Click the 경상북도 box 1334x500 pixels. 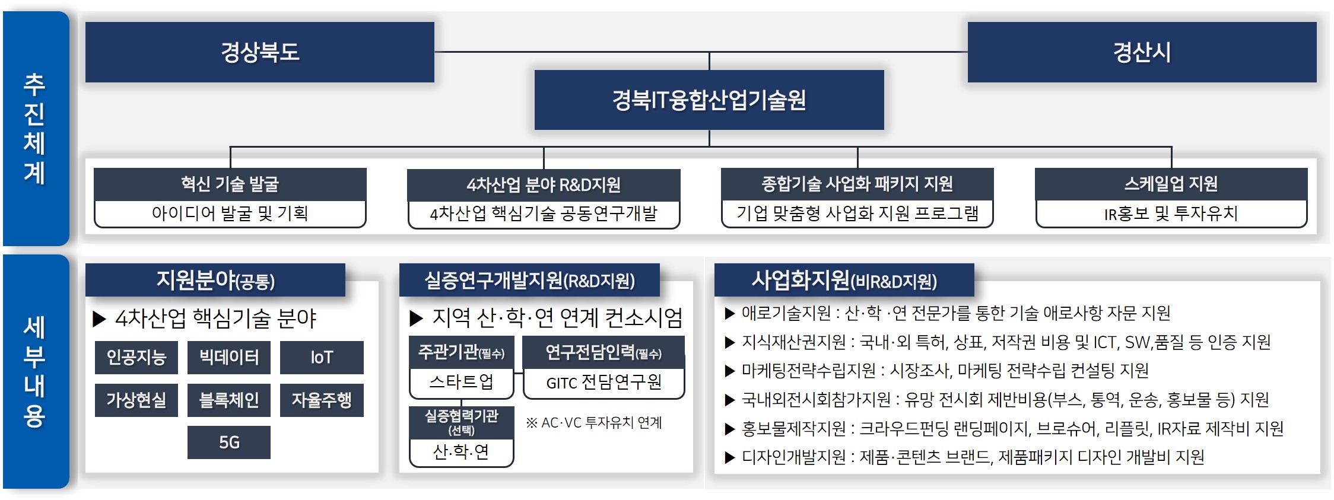pos(260,52)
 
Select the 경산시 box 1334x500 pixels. pos(1142,52)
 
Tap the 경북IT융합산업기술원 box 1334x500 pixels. pos(709,100)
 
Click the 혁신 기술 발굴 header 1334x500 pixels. pos(230,184)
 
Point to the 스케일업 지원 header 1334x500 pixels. pos(1171,184)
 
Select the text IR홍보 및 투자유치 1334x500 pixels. pos(1171,214)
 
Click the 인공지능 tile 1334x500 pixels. pos(136,357)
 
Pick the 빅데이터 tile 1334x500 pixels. pos(229,357)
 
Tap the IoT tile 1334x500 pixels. pos(322,357)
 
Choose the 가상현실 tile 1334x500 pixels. pos(136,400)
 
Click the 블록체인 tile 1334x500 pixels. pos(229,400)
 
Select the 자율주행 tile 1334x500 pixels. pos(322,400)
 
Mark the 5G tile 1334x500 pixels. pos(229,442)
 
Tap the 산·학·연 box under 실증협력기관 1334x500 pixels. pos(462,453)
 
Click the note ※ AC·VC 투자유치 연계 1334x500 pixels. pos(594,423)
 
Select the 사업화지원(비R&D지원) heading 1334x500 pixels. pos(844,280)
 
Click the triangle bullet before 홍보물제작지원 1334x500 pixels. pos(730,429)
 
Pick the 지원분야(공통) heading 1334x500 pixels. pos(215,280)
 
